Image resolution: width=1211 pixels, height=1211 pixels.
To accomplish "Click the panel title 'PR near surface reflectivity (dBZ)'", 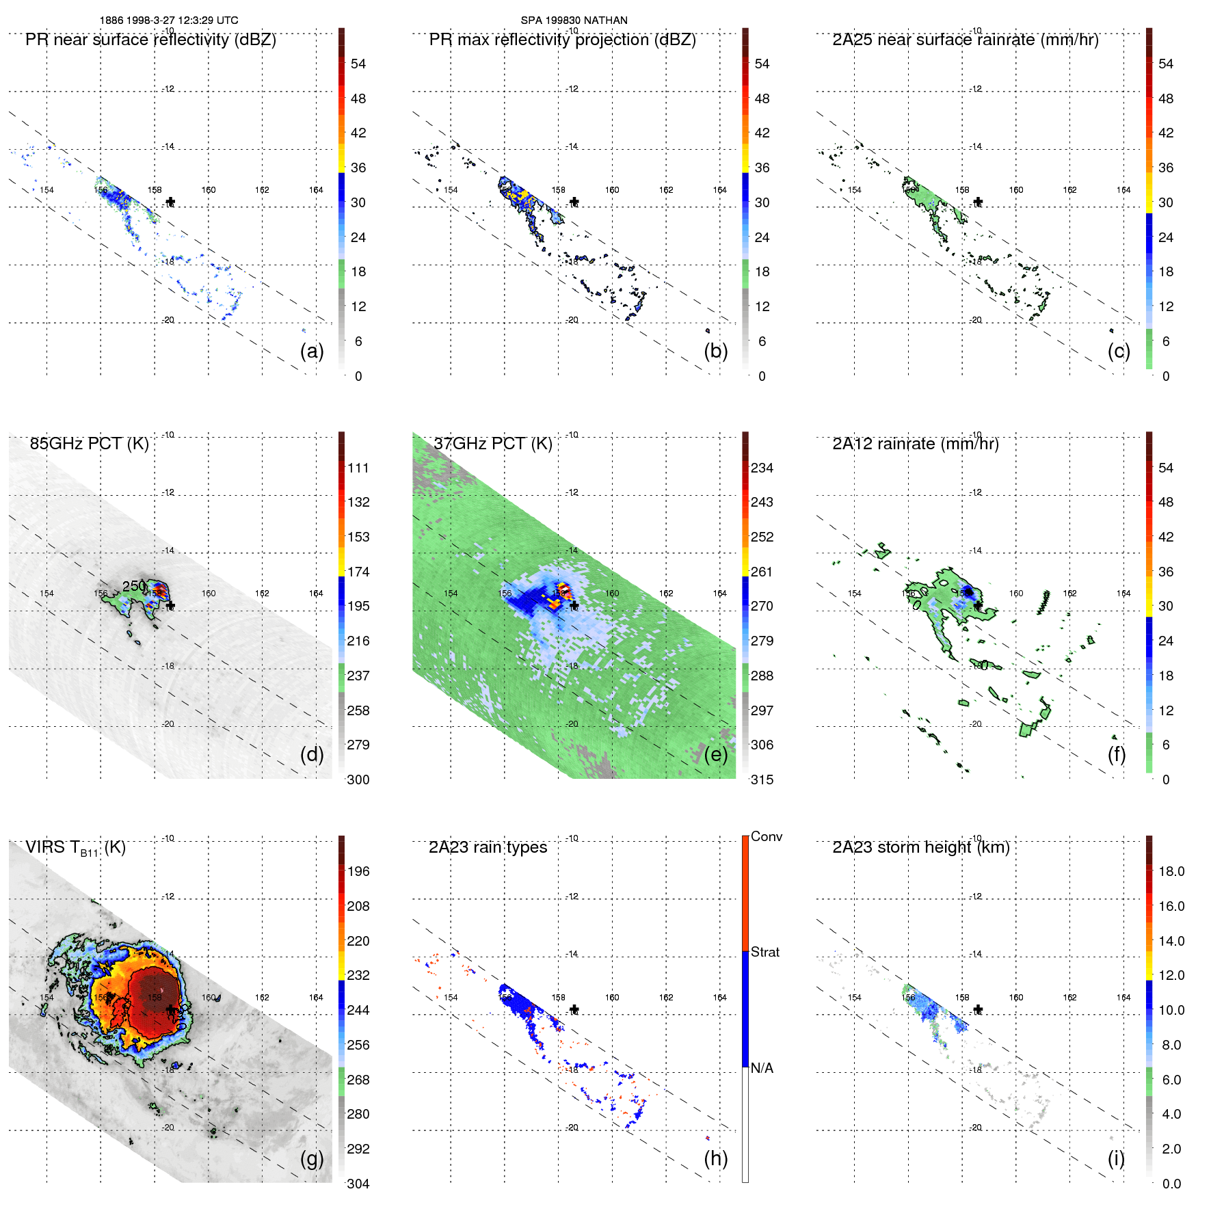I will coord(150,40).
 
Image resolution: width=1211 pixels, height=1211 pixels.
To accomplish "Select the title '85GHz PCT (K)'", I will coord(89,444).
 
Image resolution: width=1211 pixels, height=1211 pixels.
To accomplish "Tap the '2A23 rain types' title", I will coord(488,847).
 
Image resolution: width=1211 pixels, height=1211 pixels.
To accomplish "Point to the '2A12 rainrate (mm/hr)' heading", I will coord(915,444).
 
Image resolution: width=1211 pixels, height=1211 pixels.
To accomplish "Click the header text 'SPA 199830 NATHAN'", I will coord(574,21).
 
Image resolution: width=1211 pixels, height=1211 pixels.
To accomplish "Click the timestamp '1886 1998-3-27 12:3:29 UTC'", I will coord(169,21).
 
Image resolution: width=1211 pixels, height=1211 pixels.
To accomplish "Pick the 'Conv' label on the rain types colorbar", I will coord(766,837).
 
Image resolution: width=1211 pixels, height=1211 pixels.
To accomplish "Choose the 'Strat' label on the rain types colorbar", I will coord(764,953).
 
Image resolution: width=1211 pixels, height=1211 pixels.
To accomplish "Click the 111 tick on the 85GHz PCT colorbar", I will coord(358,468).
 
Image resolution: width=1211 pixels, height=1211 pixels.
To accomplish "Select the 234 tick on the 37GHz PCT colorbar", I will coord(762,468).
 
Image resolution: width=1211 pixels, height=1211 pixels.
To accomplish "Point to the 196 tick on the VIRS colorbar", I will coord(358,872).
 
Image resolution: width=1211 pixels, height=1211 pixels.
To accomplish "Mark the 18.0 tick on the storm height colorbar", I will coord(1171,872).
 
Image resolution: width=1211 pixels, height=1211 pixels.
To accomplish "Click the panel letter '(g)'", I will coord(312,1158).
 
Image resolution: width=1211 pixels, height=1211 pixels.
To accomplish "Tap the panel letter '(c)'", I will coord(1119,351).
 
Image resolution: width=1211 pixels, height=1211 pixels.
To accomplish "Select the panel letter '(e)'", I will coord(715,755).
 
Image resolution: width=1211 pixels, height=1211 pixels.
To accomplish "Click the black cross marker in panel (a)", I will coord(170,202).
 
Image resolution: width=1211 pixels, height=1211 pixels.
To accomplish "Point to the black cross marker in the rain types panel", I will coord(574,1009).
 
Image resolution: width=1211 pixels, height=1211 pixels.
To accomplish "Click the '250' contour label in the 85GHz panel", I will coord(134,586).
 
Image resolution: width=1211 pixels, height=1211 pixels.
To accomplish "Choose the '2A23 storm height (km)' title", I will coord(920,847).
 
